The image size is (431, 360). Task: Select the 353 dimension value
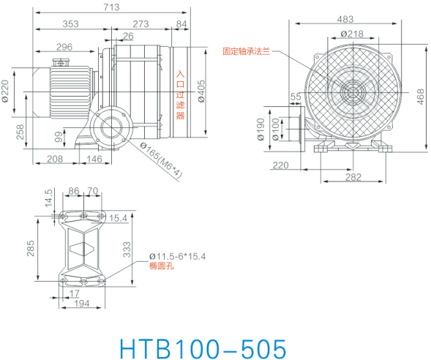pos(70,24)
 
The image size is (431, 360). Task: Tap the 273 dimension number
pos(140,24)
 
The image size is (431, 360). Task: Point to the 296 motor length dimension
pos(64,48)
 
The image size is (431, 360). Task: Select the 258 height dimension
pos(20,132)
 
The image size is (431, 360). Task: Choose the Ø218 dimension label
pos(352,34)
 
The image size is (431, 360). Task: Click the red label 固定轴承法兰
pos(247,51)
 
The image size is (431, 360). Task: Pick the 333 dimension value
pos(126,251)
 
